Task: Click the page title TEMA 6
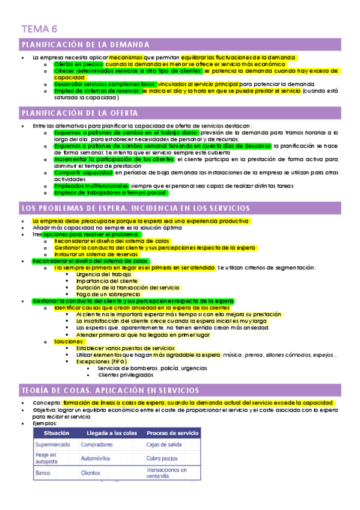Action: pos(39,28)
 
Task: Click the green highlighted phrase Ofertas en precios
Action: pos(79,64)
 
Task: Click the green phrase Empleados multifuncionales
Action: pos(90,186)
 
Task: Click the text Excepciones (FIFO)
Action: pos(102,361)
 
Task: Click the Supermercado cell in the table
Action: pos(53,428)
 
